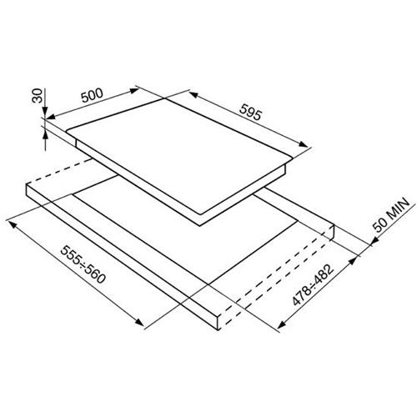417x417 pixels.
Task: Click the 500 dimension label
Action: [x=92, y=95]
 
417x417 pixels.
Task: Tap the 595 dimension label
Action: [x=250, y=112]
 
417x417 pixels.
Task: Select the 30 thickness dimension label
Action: [x=37, y=96]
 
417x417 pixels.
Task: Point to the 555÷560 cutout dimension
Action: [x=83, y=264]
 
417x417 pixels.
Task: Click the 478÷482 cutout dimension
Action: [x=313, y=285]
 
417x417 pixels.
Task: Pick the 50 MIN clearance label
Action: [x=391, y=215]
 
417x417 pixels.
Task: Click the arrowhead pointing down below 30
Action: [x=45, y=112]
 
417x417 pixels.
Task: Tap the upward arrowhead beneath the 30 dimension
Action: [x=45, y=135]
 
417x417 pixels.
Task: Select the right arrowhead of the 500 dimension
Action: [x=134, y=91]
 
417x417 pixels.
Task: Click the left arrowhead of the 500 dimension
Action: [x=51, y=117]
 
